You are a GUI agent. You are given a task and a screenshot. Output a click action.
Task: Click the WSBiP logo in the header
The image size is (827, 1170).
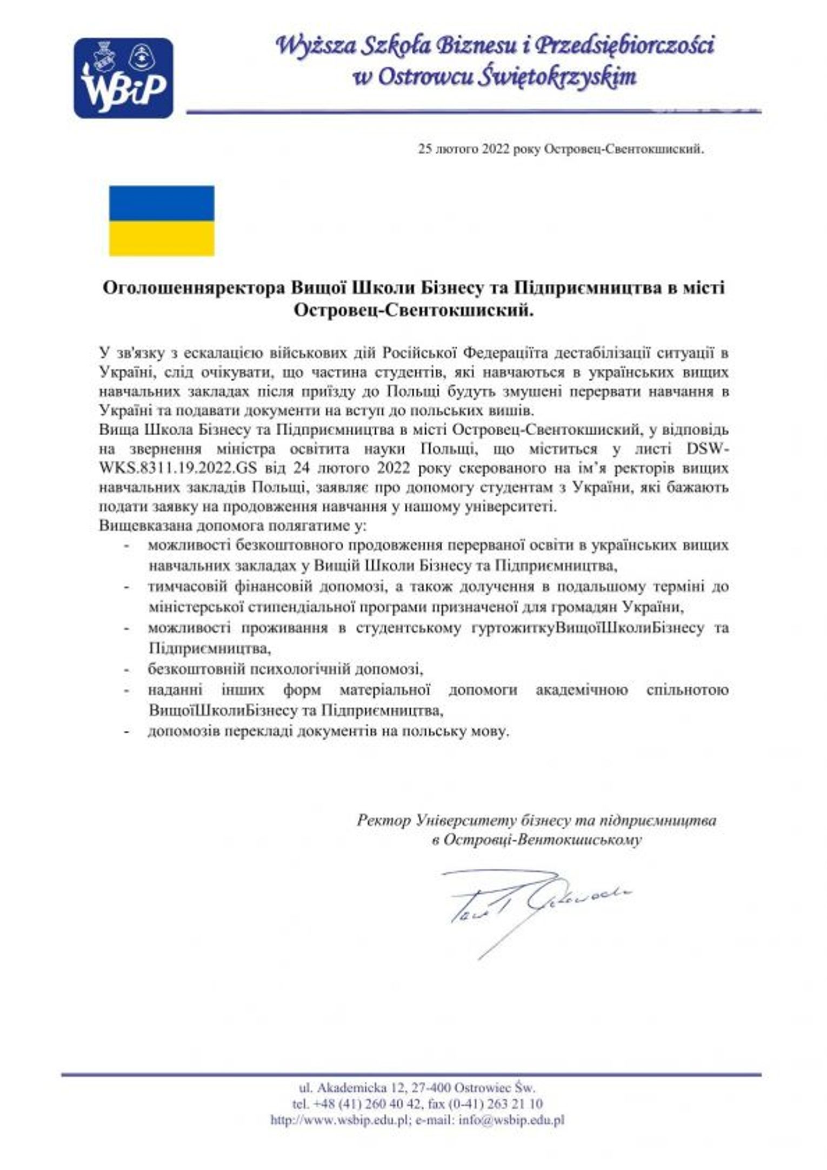[123, 78]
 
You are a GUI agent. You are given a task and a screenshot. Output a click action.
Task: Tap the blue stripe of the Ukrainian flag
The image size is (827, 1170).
[162, 203]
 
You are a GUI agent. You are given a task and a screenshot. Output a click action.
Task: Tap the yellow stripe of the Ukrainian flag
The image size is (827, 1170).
[162, 238]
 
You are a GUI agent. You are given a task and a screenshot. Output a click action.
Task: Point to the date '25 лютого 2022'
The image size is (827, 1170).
[463, 149]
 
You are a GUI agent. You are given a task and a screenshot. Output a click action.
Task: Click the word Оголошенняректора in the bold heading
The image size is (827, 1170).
[194, 287]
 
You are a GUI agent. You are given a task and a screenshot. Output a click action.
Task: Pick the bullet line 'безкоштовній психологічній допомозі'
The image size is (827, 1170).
[285, 669]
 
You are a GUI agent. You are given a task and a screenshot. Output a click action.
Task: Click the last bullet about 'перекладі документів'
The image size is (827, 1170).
[329, 732]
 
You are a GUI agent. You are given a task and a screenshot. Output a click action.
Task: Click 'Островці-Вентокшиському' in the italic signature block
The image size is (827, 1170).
[542, 840]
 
